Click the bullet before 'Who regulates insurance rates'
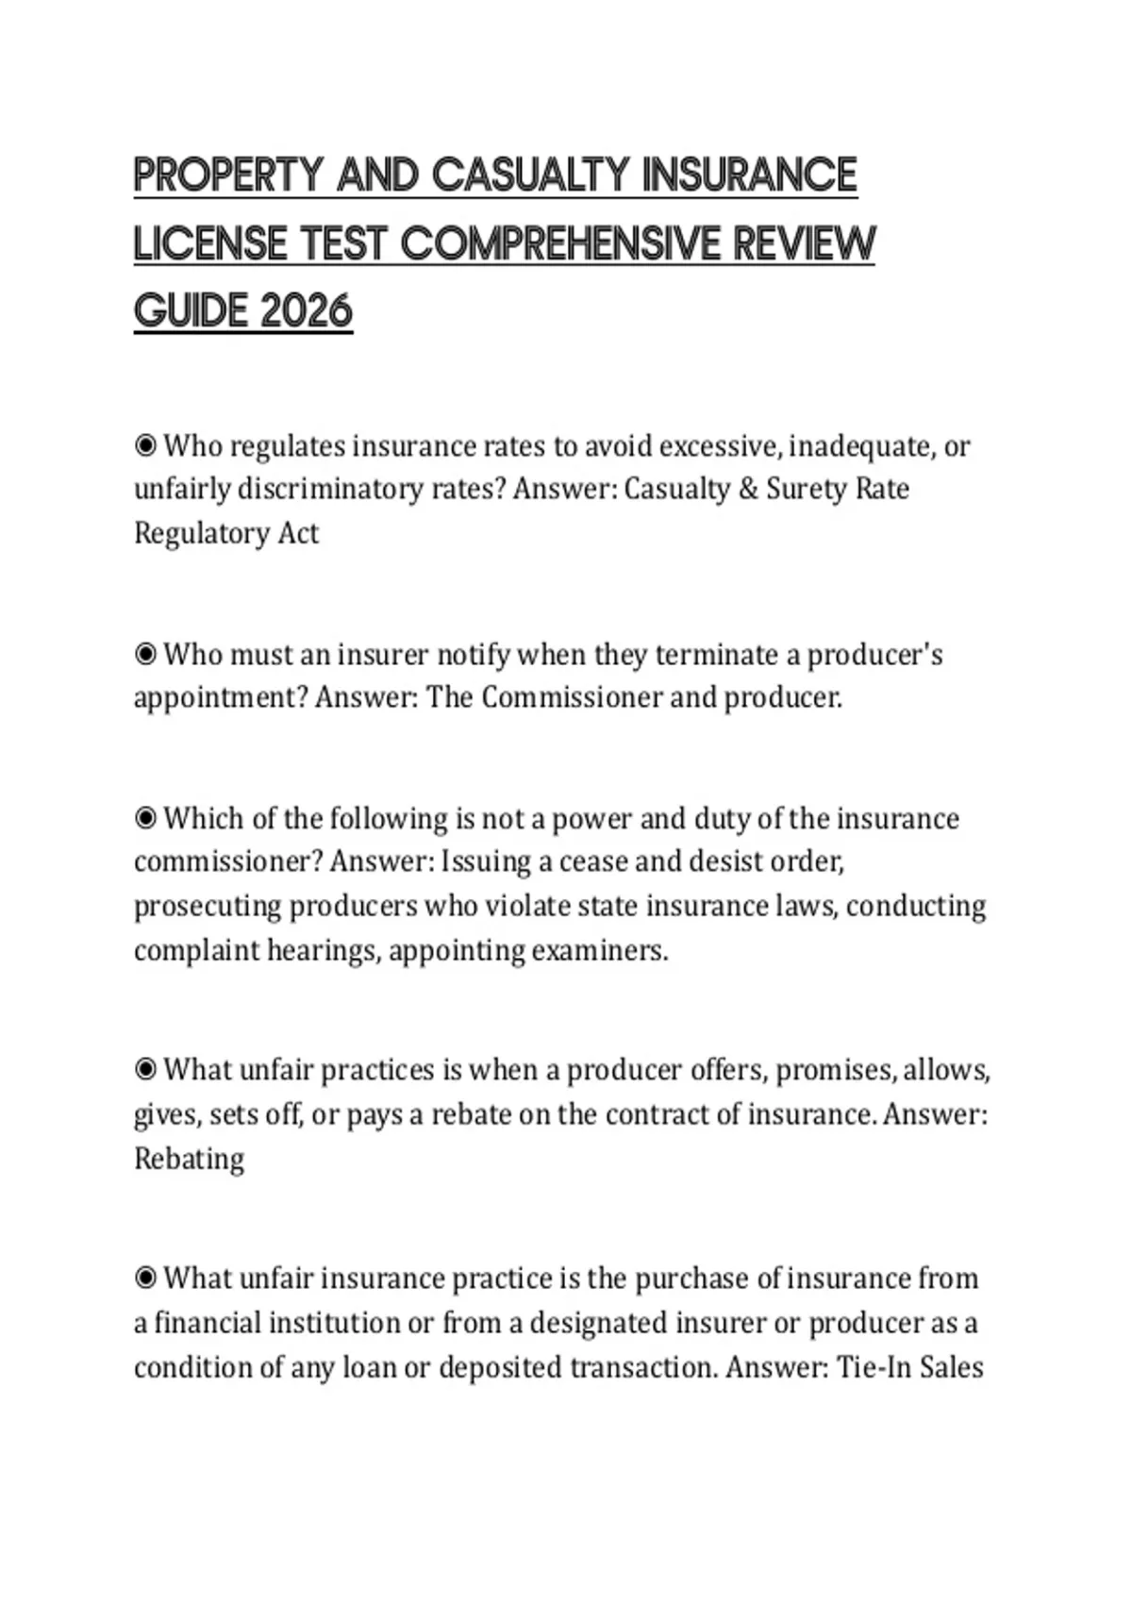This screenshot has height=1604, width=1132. pos(145,445)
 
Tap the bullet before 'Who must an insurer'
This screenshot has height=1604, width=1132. pos(145,654)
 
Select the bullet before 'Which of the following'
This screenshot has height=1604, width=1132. pos(145,818)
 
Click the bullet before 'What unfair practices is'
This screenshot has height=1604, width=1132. pos(145,1070)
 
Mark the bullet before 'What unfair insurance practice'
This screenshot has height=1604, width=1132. pos(145,1278)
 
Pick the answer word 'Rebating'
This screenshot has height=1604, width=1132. pos(189,1158)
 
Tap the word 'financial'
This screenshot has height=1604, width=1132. pos(207,1323)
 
